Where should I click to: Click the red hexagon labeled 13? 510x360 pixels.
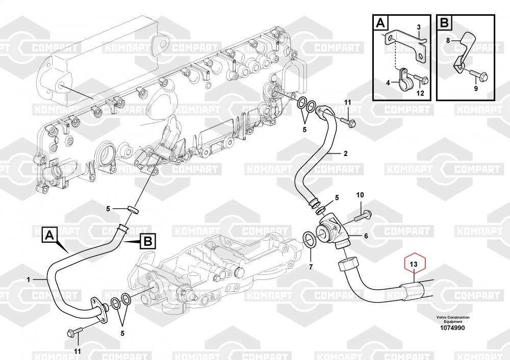click(414, 264)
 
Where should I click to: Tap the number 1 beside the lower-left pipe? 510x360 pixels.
click(29, 279)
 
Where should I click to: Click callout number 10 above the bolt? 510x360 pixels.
click(360, 195)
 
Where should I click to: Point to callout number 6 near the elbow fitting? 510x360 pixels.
click(366, 236)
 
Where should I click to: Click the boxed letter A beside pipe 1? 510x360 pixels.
click(49, 235)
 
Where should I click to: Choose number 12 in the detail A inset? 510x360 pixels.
click(420, 93)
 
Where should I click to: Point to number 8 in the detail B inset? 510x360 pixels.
click(448, 39)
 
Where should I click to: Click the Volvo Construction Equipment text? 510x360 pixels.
click(452, 320)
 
